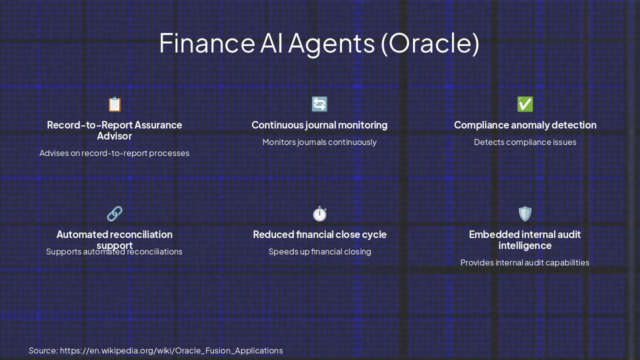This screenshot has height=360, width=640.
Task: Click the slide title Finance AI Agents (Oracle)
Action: pyautogui.click(x=319, y=43)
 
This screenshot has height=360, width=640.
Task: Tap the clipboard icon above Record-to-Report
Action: pyautogui.click(x=114, y=104)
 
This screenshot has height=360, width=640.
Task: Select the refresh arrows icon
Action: pyautogui.click(x=319, y=104)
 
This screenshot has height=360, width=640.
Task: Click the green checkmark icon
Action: pyautogui.click(x=525, y=104)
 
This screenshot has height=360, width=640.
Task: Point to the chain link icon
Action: pyautogui.click(x=114, y=214)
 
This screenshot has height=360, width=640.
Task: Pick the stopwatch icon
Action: pyautogui.click(x=319, y=214)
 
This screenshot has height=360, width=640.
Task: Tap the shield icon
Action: pyautogui.click(x=525, y=214)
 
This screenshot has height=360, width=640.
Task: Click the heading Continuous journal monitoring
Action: pyautogui.click(x=319, y=125)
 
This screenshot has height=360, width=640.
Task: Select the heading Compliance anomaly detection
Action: pyautogui.click(x=525, y=125)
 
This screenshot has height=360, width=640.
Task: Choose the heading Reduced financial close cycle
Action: pyautogui.click(x=319, y=234)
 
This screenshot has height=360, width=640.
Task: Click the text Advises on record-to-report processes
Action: pyautogui.click(x=114, y=153)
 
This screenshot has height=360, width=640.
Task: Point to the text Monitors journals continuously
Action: pyautogui.click(x=319, y=142)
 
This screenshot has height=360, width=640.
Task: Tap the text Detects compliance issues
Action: pyautogui.click(x=525, y=142)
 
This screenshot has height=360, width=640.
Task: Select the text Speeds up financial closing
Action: pyautogui.click(x=319, y=251)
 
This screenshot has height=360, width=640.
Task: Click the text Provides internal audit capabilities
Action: pyautogui.click(x=525, y=262)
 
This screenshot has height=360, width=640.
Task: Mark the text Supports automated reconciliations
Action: pyautogui.click(x=114, y=252)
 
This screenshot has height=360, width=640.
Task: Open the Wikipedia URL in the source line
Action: pyautogui.click(x=171, y=350)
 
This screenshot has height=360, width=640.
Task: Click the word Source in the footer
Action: pyautogui.click(x=42, y=350)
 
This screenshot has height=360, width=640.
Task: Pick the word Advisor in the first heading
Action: pyautogui.click(x=114, y=136)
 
